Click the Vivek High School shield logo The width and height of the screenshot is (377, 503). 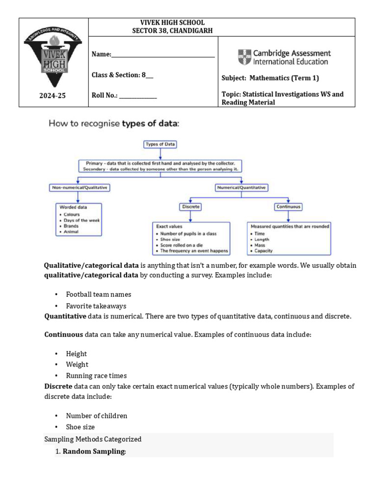tap(54, 60)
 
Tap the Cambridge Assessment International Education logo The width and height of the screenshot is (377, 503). tap(284, 57)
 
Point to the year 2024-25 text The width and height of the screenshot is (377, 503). tap(53, 96)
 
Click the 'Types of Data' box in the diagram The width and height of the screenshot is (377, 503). tap(160, 144)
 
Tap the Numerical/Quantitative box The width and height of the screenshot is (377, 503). tap(241, 188)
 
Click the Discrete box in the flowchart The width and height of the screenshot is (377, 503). tap(191, 207)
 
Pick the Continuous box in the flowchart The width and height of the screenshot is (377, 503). tap(288, 207)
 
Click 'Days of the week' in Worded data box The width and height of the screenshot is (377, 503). tap(81, 221)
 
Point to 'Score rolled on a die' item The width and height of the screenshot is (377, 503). tap(181, 245)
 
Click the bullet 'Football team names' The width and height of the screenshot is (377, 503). tap(98, 294)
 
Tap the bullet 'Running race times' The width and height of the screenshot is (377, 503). tap(96, 375)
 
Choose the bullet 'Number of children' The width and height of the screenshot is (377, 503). tap(96, 416)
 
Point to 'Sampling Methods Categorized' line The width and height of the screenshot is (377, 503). tap(93, 439)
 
